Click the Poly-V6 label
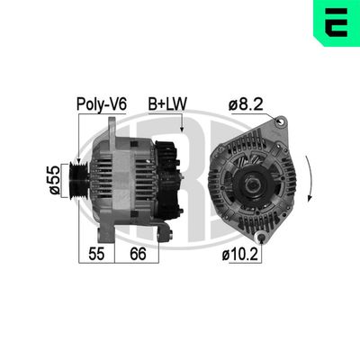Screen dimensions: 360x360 102,104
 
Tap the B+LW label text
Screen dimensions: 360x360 167,103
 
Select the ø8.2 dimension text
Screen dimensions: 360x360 246,104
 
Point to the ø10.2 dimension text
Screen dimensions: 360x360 240,255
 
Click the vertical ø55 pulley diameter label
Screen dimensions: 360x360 54,180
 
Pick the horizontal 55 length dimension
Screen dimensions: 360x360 96,254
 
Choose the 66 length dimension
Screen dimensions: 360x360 138,254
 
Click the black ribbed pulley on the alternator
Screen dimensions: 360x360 78,181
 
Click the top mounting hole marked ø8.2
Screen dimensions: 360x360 281,121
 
